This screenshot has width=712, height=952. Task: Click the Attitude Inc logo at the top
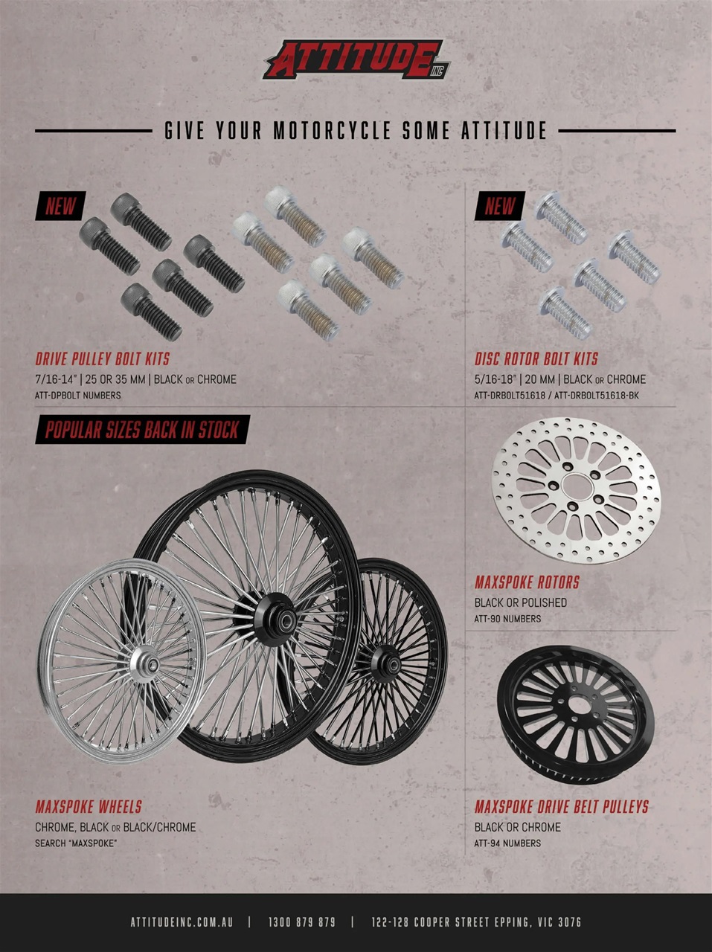(356, 59)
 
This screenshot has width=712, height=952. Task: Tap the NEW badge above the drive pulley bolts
(60, 206)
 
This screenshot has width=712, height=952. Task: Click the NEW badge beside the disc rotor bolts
(500, 206)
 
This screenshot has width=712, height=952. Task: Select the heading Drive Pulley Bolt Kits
(103, 359)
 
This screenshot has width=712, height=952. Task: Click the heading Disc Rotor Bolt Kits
(536, 359)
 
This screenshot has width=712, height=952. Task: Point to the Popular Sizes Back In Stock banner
(142, 430)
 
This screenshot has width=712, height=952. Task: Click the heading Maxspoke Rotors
(527, 582)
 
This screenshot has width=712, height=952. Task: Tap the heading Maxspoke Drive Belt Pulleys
(562, 807)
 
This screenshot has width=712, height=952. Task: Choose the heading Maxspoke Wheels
(89, 807)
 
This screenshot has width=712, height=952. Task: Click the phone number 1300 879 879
(301, 922)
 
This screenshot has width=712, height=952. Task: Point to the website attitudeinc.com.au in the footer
(182, 922)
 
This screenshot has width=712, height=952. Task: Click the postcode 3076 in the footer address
(569, 922)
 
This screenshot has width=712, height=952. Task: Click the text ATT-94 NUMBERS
(507, 843)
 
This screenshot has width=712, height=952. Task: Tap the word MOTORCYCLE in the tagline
(331, 132)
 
